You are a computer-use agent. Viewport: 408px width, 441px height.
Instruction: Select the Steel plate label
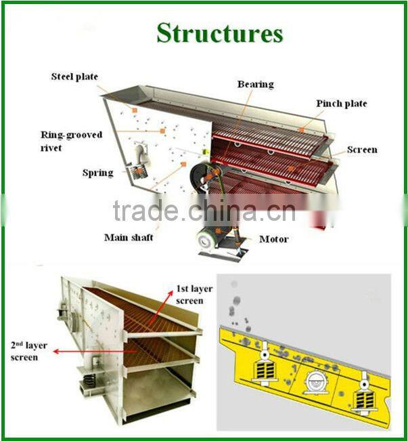coord(74,77)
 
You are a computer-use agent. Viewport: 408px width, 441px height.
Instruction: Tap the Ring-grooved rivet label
coord(71,141)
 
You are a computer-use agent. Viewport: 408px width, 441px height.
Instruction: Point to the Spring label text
coord(97,173)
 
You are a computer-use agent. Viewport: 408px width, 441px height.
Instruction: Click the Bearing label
coord(255,85)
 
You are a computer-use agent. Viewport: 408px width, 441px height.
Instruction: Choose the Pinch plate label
coord(341,104)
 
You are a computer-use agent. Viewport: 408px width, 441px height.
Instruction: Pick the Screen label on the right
coord(362,150)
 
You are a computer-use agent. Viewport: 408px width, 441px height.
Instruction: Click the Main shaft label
coord(129,238)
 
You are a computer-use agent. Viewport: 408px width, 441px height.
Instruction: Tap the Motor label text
coord(273,239)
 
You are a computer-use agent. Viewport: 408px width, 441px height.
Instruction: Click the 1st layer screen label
coord(194,295)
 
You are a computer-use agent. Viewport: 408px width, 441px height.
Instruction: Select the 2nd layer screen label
coord(24,351)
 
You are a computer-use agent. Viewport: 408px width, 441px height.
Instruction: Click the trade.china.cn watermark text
coord(204,211)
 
